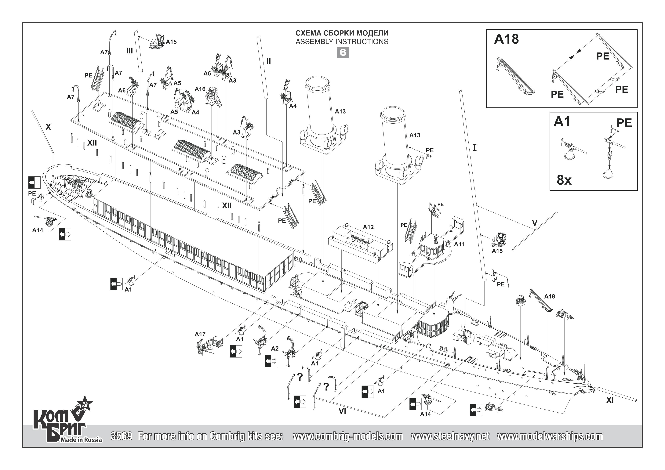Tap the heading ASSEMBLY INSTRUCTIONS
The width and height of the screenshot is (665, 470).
pos(342,42)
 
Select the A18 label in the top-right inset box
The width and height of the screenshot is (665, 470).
pos(506,39)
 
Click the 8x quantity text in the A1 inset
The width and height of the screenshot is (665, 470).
pos(564,180)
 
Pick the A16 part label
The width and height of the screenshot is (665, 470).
pos(200,89)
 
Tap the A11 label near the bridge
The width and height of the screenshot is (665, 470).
pos(459,244)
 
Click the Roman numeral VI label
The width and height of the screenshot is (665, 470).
pos(342,411)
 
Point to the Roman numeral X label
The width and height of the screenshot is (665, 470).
pos(48,127)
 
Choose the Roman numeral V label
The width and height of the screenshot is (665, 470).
pos(535,223)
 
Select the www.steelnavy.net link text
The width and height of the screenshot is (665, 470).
pos(450,436)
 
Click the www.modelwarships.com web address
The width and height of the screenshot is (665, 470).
pos(550,436)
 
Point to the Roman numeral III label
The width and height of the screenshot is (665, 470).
pos(129,51)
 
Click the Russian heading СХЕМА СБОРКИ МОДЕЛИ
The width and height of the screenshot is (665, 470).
pos(342,33)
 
